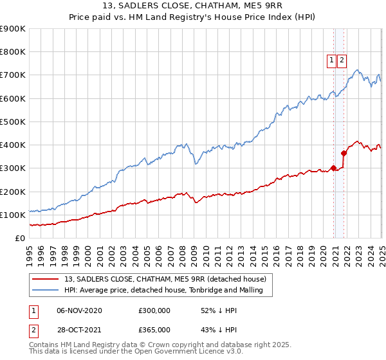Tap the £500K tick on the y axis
coord(13,122)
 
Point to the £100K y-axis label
coord(13,215)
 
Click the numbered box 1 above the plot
coord(332,61)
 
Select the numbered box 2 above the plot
coord(342,61)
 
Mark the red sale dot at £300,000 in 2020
coord(333,168)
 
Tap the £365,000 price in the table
coord(154,330)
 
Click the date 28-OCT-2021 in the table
coord(80,330)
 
